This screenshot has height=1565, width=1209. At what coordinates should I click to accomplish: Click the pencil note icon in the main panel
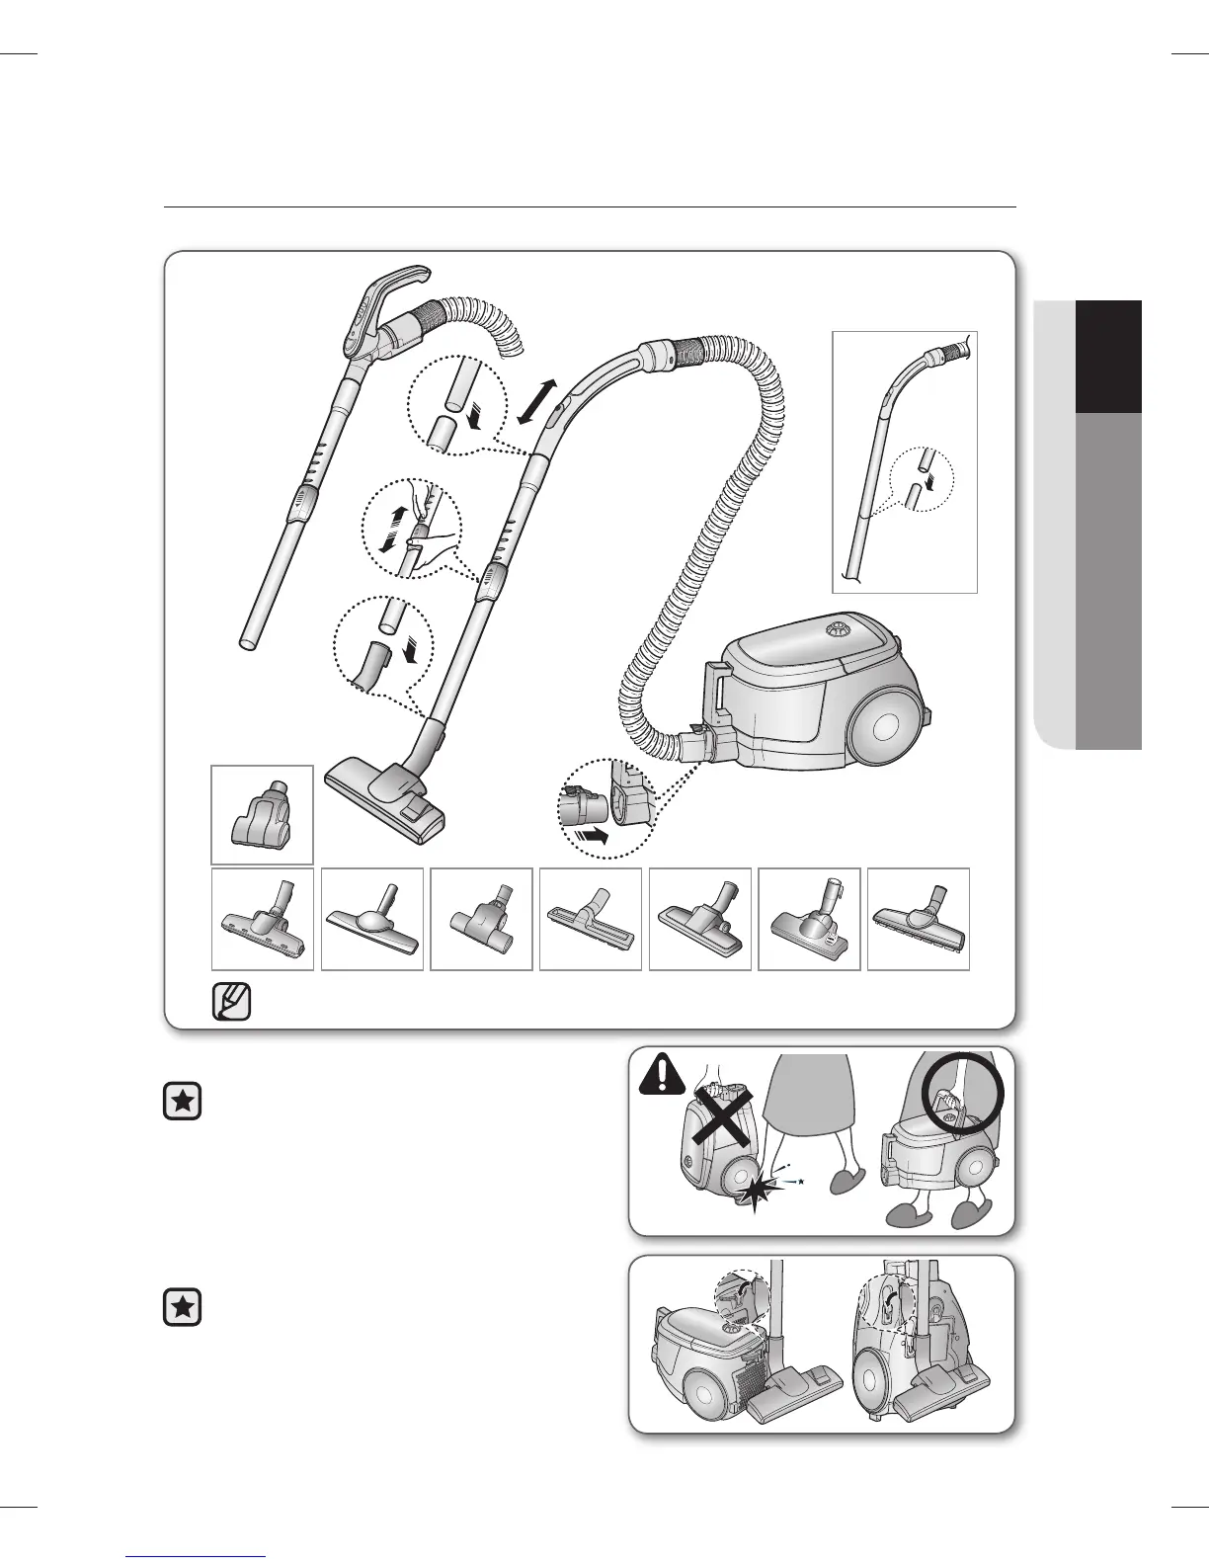231,1002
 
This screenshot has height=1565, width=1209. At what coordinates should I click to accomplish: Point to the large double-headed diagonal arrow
535,402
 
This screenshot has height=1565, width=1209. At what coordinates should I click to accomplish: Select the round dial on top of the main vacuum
840,627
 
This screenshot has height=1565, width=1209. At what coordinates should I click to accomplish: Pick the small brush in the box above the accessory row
262,815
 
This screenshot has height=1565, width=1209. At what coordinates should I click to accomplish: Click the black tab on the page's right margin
1108,356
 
